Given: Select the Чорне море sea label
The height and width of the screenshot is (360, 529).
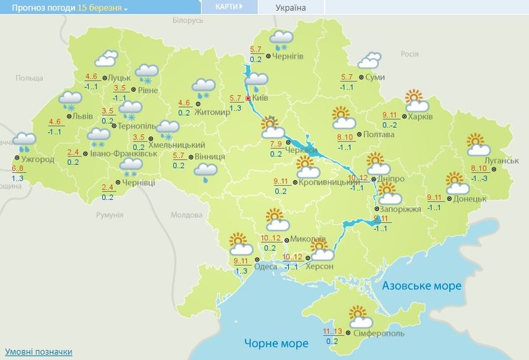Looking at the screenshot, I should (275, 342).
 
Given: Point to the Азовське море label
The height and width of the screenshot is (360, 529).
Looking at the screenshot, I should (422, 286).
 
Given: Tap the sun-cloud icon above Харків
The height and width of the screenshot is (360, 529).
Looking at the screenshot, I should (415, 101).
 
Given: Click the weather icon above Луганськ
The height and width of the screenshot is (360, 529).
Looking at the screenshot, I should (478, 144).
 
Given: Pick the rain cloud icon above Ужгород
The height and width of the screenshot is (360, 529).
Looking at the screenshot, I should (25, 142).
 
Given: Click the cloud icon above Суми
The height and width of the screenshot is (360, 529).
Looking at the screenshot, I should (370, 61).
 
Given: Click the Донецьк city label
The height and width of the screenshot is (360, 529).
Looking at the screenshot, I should (470, 198).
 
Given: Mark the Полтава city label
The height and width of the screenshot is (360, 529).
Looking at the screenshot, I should (378, 134).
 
